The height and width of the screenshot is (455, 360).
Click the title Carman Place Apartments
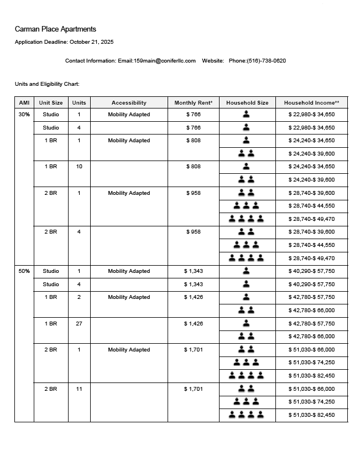55,29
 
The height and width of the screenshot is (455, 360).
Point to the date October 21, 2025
91,42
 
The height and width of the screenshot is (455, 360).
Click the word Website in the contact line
213,61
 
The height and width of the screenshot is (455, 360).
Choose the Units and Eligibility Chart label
47,84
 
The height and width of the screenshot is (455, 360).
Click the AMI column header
24,103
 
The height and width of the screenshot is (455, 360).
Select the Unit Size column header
51,103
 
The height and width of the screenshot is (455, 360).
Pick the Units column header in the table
79,103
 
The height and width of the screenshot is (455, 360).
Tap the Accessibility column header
129,103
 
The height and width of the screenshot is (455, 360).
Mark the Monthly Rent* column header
194,103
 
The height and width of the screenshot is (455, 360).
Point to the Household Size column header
247,103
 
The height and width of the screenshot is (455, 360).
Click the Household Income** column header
312,103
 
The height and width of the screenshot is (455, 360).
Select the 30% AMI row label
24,115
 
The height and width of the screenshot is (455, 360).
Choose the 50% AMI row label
24,271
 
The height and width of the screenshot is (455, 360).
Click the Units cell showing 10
79,167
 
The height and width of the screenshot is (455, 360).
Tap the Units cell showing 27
79,323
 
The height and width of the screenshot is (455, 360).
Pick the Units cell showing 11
79,389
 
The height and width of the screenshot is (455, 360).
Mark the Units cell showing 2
79,297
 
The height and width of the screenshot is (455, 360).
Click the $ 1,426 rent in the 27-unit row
194,323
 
